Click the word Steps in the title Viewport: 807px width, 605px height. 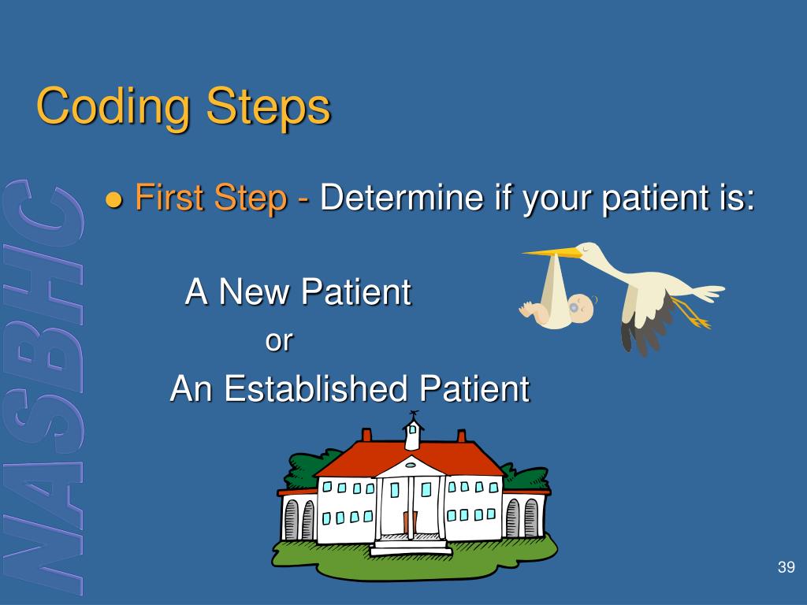tap(268, 106)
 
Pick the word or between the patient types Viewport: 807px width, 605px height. tap(279, 340)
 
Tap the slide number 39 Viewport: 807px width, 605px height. tap(786, 567)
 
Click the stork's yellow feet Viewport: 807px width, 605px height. tap(692, 314)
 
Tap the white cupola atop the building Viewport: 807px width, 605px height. tap(413, 434)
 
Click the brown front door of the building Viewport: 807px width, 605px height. tap(410, 523)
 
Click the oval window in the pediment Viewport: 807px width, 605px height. tap(410, 465)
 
